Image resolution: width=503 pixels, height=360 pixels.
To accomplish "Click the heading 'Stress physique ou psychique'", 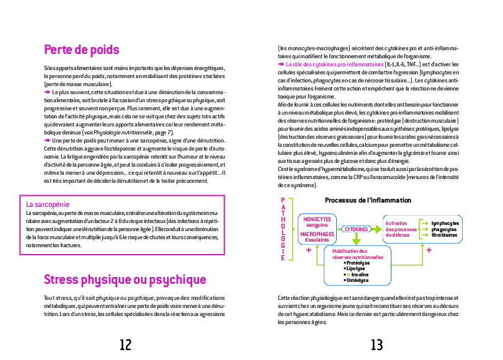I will [x=125, y=279].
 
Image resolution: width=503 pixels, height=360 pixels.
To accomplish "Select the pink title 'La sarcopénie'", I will [x=47, y=204].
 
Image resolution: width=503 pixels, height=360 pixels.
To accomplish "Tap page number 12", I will [x=126, y=345].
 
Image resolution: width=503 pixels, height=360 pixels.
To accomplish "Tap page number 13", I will [x=377, y=345].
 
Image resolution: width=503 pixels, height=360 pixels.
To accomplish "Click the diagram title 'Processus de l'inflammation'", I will [x=368, y=200].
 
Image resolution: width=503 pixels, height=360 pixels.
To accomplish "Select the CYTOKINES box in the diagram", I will [x=355, y=229].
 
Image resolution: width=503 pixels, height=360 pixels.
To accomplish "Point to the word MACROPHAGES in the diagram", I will [x=316, y=235].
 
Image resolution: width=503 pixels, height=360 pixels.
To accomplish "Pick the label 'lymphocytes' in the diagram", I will [x=445, y=223].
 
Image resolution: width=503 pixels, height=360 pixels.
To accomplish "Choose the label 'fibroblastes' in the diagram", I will [x=445, y=235].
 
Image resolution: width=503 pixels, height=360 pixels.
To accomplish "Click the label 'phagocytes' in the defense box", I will [x=443, y=229].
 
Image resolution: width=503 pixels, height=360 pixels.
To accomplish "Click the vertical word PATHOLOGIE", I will [x=283, y=229].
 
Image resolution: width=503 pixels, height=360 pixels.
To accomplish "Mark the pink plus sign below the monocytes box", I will [x=308, y=250].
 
